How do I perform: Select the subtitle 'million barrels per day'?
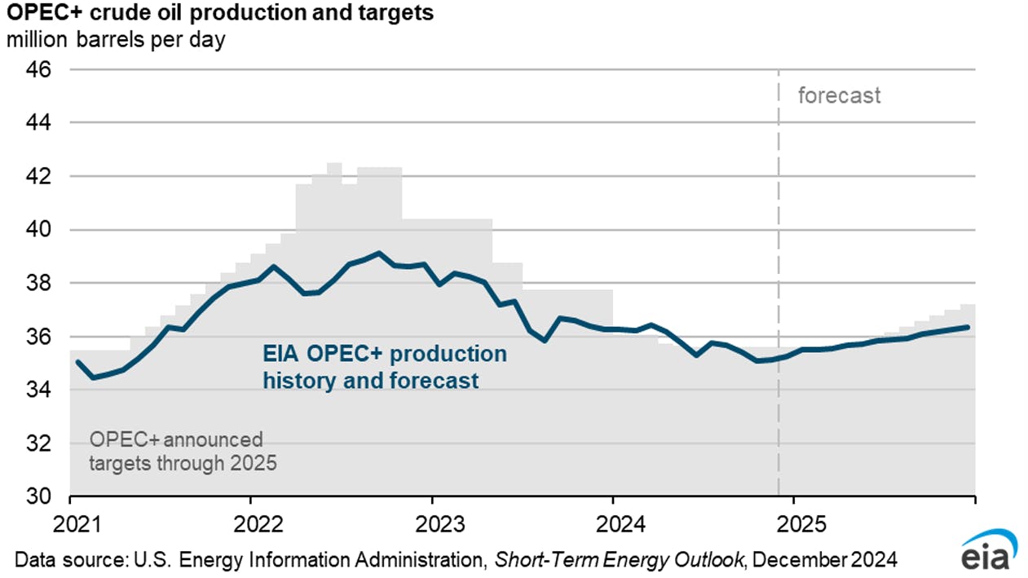point(115,39)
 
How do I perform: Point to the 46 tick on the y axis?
point(40,69)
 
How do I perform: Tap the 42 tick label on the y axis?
point(40,176)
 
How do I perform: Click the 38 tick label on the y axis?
point(40,283)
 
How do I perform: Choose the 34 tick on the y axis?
point(40,390)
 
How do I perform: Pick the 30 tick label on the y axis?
point(40,496)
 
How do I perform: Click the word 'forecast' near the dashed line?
point(839,95)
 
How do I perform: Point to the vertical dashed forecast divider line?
point(779,245)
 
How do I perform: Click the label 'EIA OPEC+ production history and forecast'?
point(384,367)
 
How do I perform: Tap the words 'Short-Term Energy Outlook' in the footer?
point(618,561)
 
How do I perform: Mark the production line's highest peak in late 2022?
point(378,253)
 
